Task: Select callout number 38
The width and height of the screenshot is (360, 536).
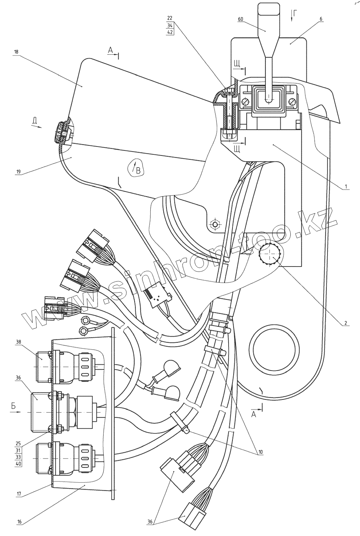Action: pos(18,342)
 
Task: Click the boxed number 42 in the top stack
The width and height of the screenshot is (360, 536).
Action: pos(170,32)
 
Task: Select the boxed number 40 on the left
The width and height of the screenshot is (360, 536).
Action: pos(18,464)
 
